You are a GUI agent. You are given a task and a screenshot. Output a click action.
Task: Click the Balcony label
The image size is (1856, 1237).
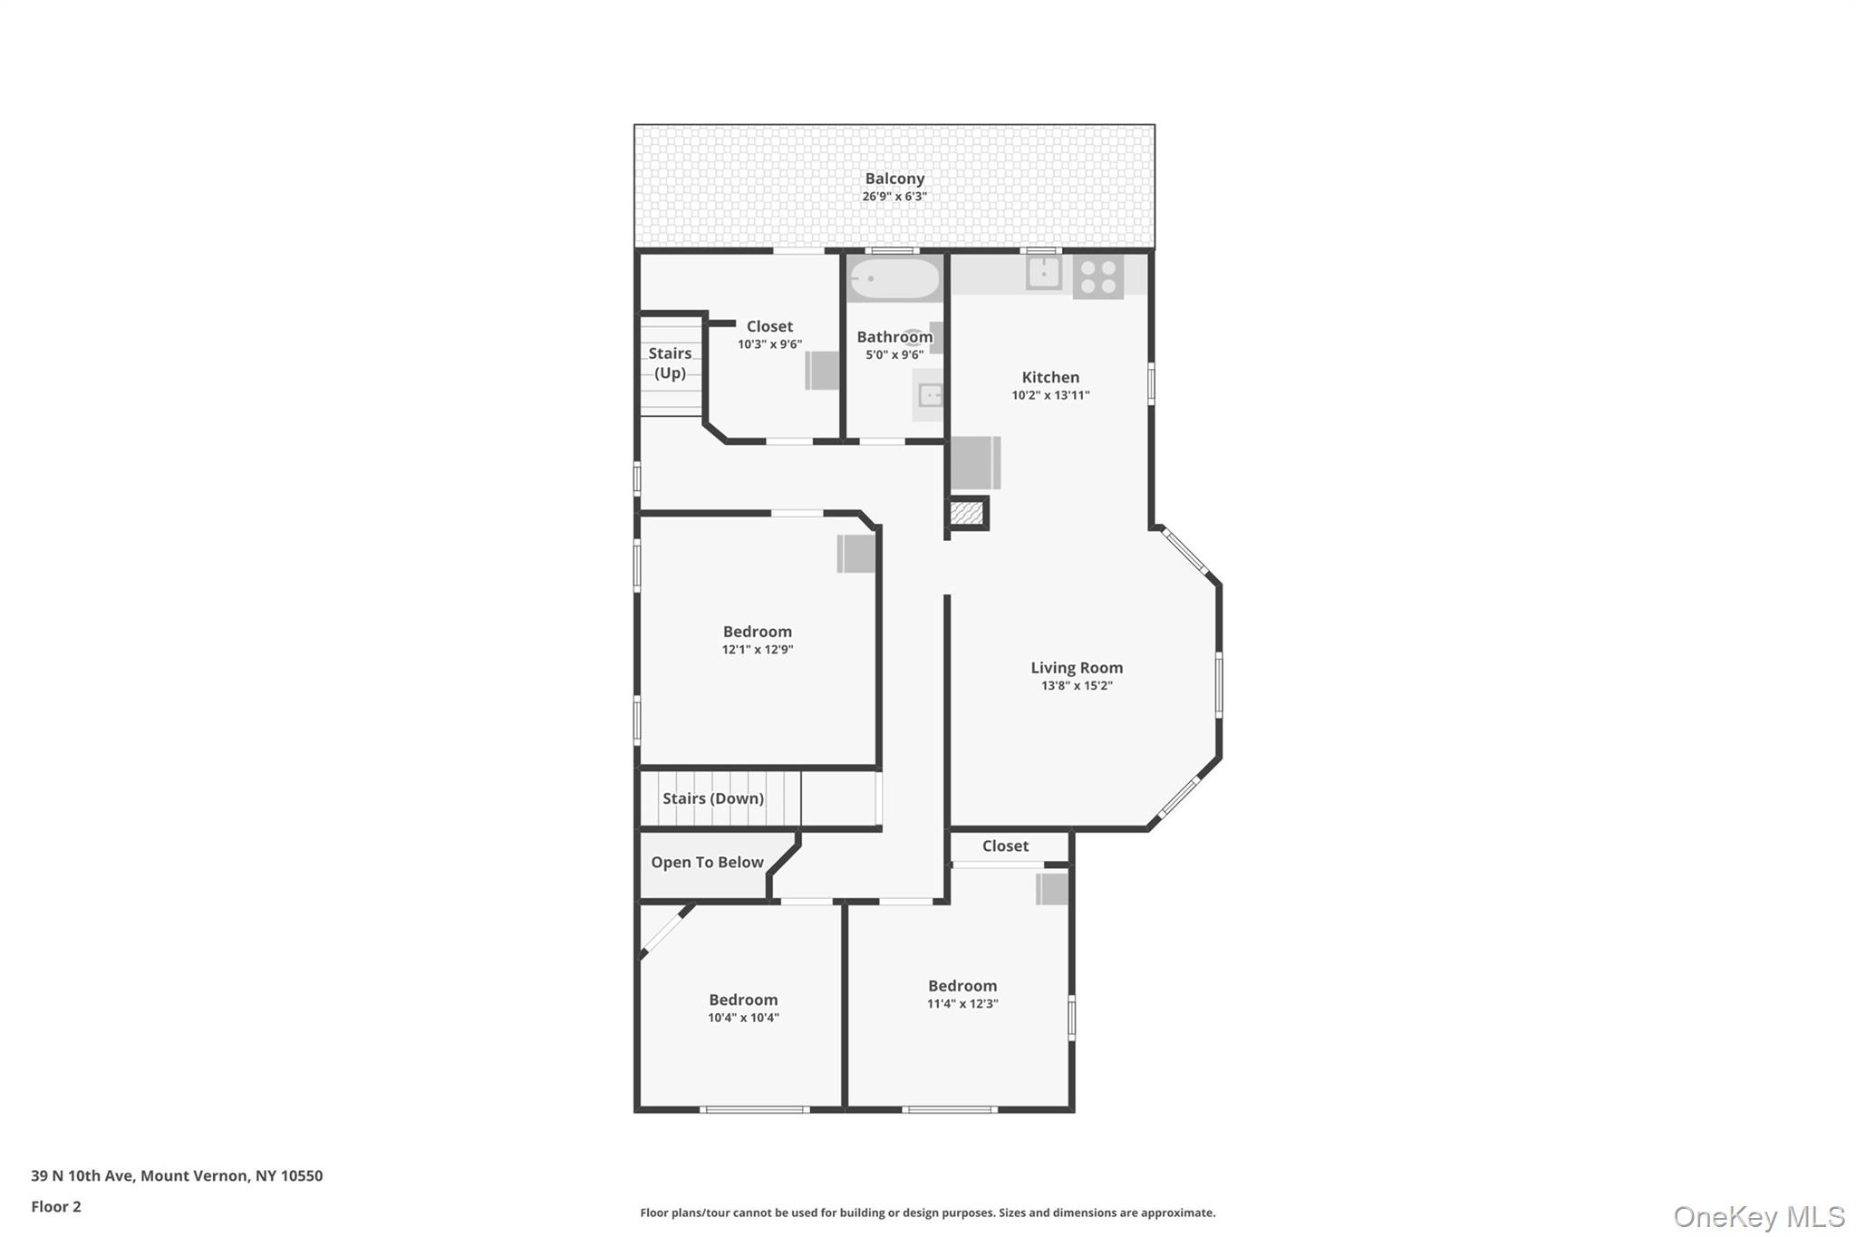(x=894, y=179)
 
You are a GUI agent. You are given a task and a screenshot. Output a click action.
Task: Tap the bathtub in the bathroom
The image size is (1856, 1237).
(x=894, y=279)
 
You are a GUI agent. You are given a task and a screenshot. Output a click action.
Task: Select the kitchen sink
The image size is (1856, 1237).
(x=1043, y=272)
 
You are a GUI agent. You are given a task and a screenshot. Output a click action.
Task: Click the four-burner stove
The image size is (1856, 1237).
(x=1097, y=276)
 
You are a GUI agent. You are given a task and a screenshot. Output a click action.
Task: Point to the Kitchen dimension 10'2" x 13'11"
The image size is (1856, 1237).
(x=1050, y=395)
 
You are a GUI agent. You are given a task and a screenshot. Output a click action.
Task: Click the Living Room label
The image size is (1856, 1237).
(x=1076, y=668)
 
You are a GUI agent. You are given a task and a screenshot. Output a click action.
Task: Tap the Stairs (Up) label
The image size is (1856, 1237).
(x=670, y=362)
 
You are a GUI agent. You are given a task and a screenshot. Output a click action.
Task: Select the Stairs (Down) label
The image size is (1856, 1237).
(x=712, y=798)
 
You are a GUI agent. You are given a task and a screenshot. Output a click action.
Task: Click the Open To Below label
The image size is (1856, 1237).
(x=707, y=863)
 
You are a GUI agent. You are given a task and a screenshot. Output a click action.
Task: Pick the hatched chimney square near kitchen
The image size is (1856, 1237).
(x=966, y=513)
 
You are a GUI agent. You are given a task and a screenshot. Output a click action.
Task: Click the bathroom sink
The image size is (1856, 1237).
(x=930, y=395)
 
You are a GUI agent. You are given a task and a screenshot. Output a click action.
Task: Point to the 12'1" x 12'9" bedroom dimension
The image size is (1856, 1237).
(x=757, y=650)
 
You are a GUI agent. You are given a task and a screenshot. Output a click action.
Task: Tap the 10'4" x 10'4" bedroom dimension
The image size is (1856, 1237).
(x=743, y=1018)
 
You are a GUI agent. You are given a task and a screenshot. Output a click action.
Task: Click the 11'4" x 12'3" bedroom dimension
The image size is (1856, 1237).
(x=962, y=1004)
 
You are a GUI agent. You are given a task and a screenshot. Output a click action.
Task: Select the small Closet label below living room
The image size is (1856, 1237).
(x=1005, y=846)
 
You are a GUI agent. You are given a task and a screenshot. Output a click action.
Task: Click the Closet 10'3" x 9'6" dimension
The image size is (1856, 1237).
(x=769, y=344)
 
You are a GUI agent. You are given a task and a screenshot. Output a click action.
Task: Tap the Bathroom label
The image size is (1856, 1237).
(x=894, y=337)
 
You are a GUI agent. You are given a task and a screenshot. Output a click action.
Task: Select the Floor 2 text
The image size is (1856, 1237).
(x=56, y=1206)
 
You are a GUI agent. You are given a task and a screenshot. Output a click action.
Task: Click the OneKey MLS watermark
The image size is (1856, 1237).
(x=1758, y=1216)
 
